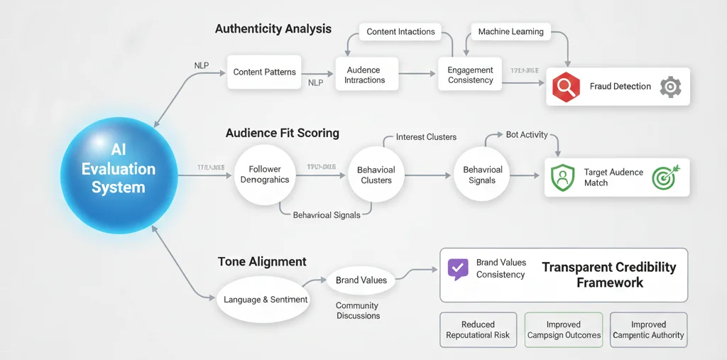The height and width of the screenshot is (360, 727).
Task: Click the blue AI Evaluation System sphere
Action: [x=118, y=169]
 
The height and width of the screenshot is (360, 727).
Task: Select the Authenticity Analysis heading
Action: [x=273, y=29]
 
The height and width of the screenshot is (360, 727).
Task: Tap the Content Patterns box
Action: [x=265, y=72]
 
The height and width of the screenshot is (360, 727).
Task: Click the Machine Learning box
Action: [x=510, y=32]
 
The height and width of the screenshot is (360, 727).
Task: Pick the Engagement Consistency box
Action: [x=470, y=75]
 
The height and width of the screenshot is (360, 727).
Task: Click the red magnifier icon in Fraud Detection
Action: [x=567, y=87]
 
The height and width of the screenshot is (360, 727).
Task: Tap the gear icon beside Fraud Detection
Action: [x=670, y=87]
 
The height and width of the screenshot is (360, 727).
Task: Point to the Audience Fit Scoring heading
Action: [x=282, y=133]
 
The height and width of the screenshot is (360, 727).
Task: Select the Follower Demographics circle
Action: [x=265, y=175]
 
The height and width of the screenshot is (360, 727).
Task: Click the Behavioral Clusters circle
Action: [x=376, y=175]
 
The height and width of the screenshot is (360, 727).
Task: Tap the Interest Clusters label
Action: [x=426, y=136]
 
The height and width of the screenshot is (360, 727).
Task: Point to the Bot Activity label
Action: [x=526, y=134]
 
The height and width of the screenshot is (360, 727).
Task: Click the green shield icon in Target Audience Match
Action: [x=562, y=178]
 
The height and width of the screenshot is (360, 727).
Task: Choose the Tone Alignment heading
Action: [x=262, y=262]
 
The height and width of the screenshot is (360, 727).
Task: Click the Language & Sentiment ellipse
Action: [x=266, y=300]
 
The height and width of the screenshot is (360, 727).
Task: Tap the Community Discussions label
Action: [x=358, y=310]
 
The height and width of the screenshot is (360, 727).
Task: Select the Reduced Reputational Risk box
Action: [x=478, y=329]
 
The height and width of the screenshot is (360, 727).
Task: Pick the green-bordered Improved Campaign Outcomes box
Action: [x=564, y=329]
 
